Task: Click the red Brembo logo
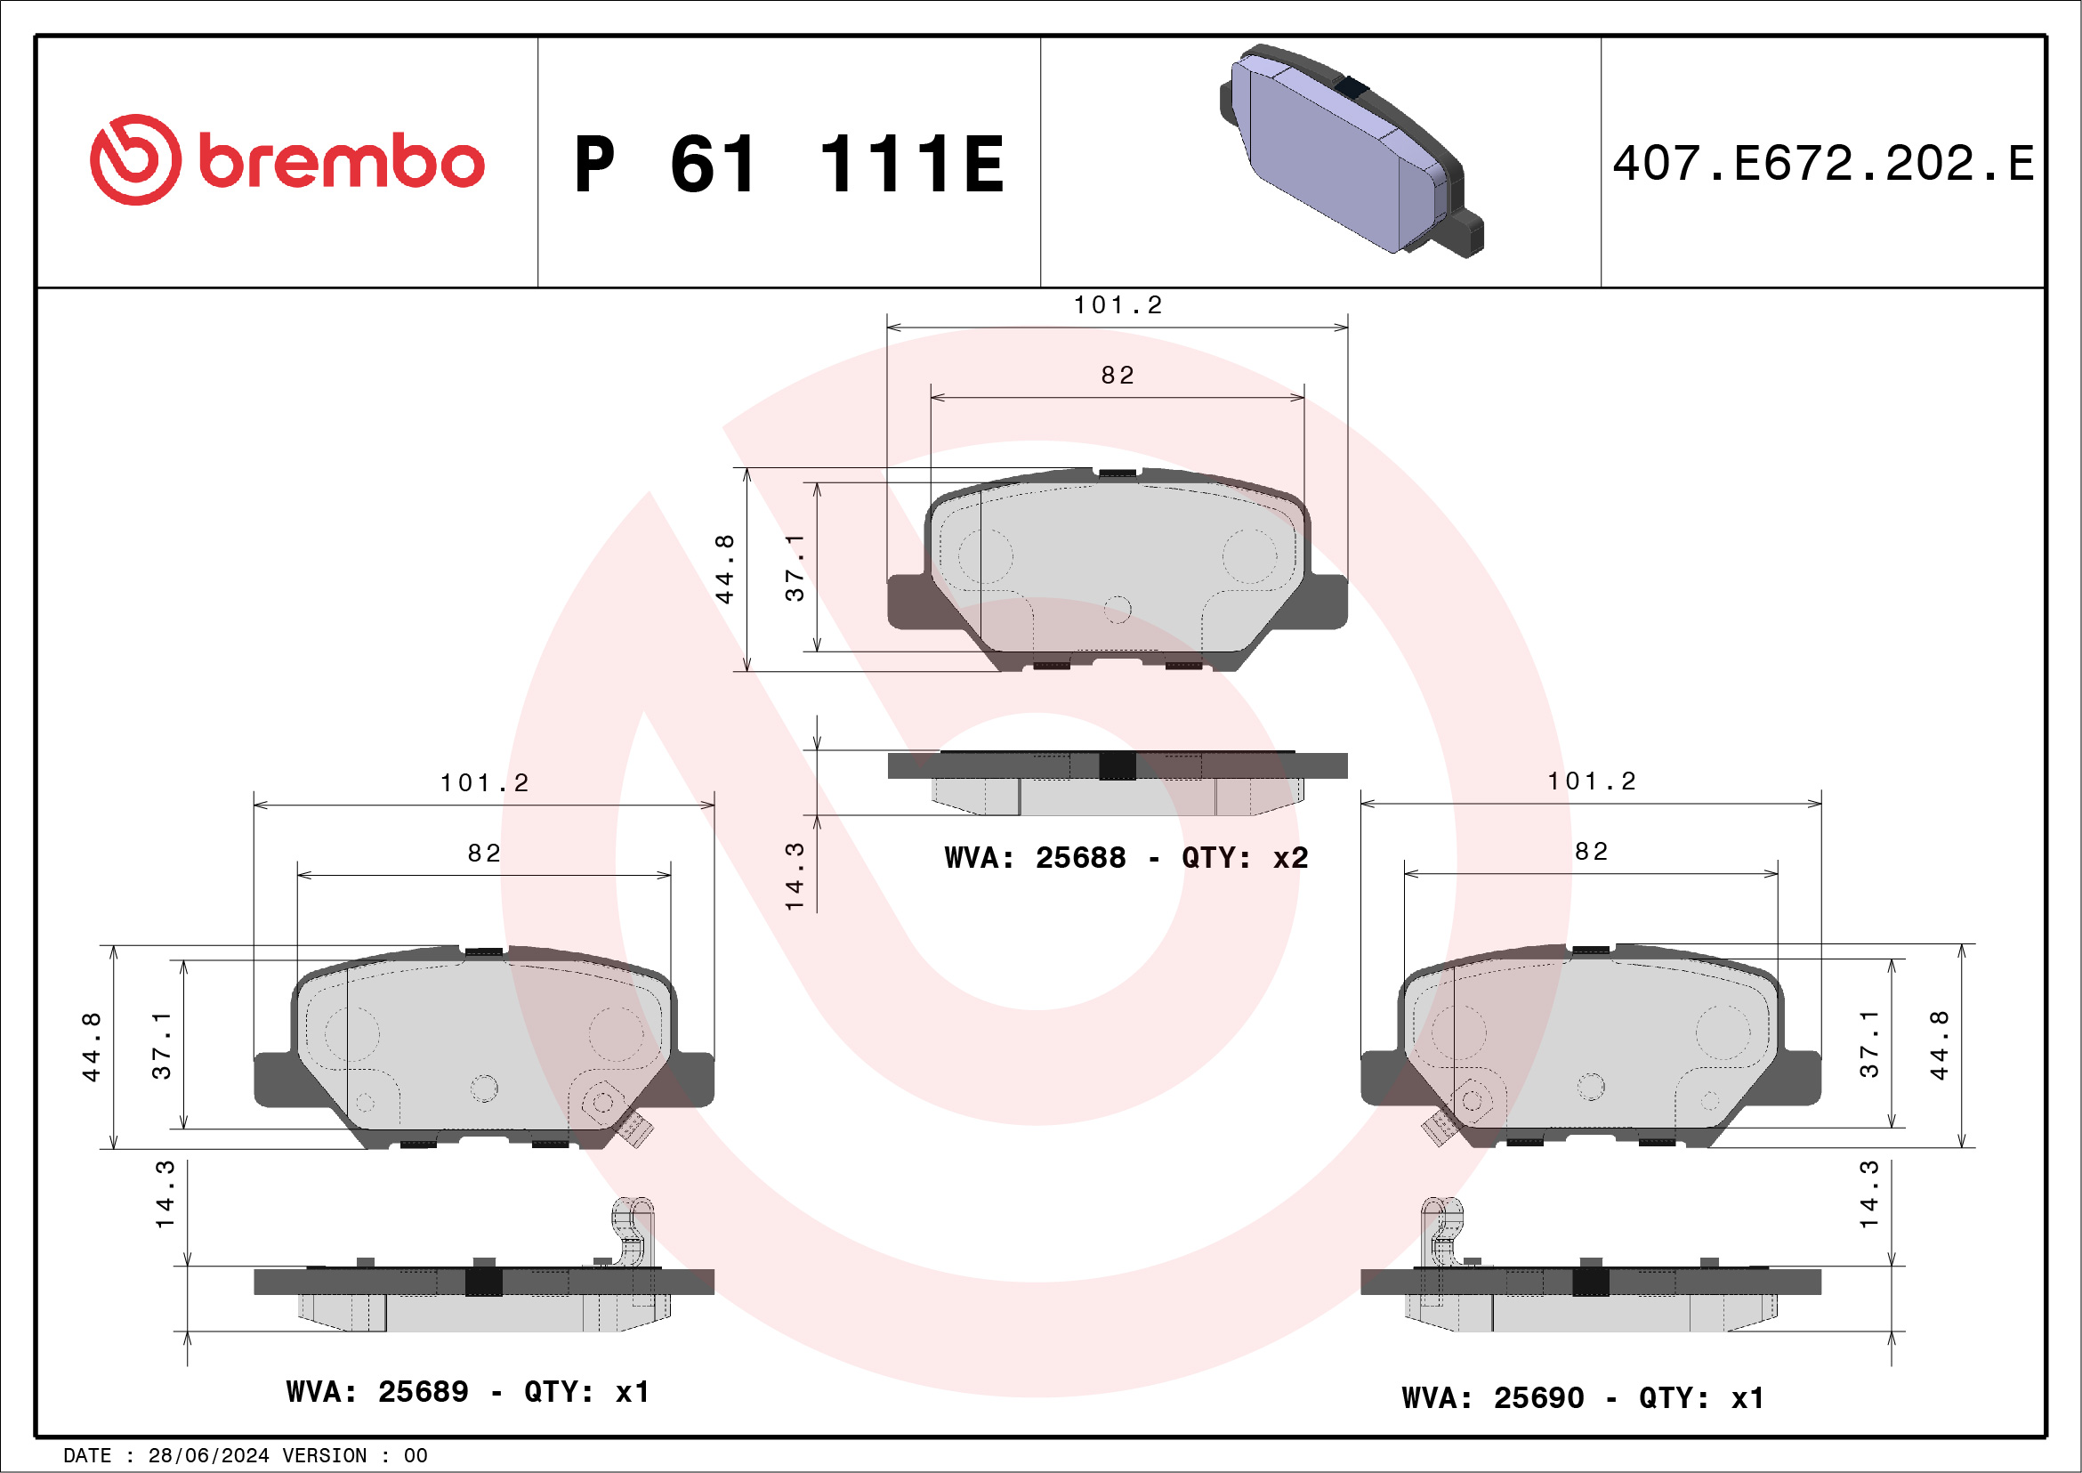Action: pos(286,160)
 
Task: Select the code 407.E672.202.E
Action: pos(1823,164)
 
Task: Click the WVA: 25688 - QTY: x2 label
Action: pos(1126,858)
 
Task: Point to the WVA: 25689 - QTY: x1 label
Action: pos(468,1392)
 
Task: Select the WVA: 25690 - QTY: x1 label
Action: pos(1582,1397)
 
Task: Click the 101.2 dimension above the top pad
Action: pos(1118,305)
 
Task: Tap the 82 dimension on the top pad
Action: pos(1118,376)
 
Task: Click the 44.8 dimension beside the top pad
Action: pos(724,569)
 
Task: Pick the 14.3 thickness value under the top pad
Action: pos(795,876)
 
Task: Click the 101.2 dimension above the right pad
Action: pos(1592,781)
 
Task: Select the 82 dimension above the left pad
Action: pos(484,854)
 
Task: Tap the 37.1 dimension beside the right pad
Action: pos(1868,1044)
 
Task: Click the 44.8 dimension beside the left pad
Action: pos(92,1047)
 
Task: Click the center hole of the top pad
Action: pos(1118,610)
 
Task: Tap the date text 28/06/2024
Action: pos(207,1456)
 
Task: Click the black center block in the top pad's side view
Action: pos(1118,765)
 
